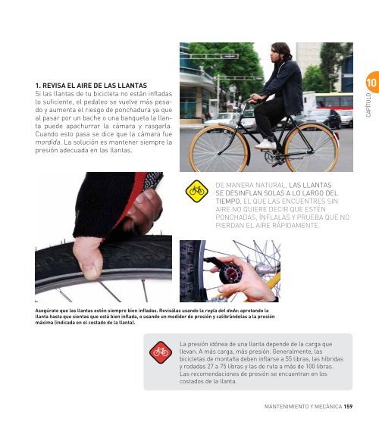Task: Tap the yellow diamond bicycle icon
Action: (197, 191)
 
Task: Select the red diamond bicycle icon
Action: (161, 352)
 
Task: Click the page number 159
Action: (348, 406)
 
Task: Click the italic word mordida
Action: (48, 142)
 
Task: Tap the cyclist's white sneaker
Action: (265, 145)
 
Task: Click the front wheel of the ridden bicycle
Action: (219, 148)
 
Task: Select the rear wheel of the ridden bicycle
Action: (312, 148)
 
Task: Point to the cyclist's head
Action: (280, 52)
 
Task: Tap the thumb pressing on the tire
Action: (88, 258)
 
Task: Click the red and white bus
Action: (334, 102)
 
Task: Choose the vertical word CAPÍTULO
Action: (368, 105)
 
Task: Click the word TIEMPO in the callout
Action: (228, 202)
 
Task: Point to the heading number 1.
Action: (38, 86)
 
